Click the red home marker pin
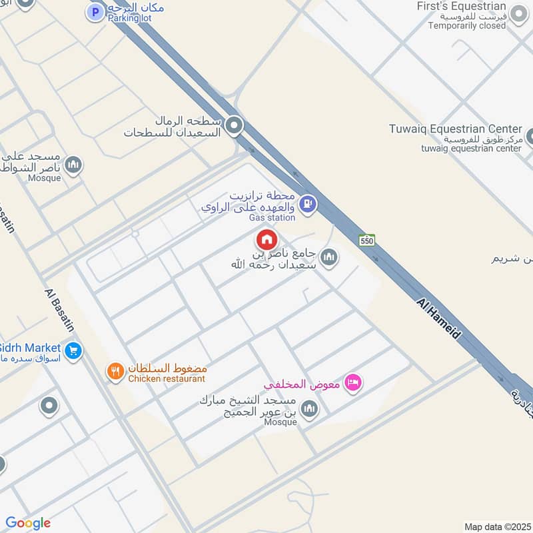[266, 239]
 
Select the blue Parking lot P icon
[96, 11]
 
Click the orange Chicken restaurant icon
[115, 370]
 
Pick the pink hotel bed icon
[354, 381]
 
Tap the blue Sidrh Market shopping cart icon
[73, 349]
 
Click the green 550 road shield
[366, 241]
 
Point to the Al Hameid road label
[438, 320]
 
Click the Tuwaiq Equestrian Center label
[456, 129]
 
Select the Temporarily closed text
[467, 26]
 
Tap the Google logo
[28, 523]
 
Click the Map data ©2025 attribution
[496, 526]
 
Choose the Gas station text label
[272, 218]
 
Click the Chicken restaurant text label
[167, 378]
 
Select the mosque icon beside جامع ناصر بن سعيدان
[328, 257]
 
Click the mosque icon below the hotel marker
[308, 408]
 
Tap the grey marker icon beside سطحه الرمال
[233, 125]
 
